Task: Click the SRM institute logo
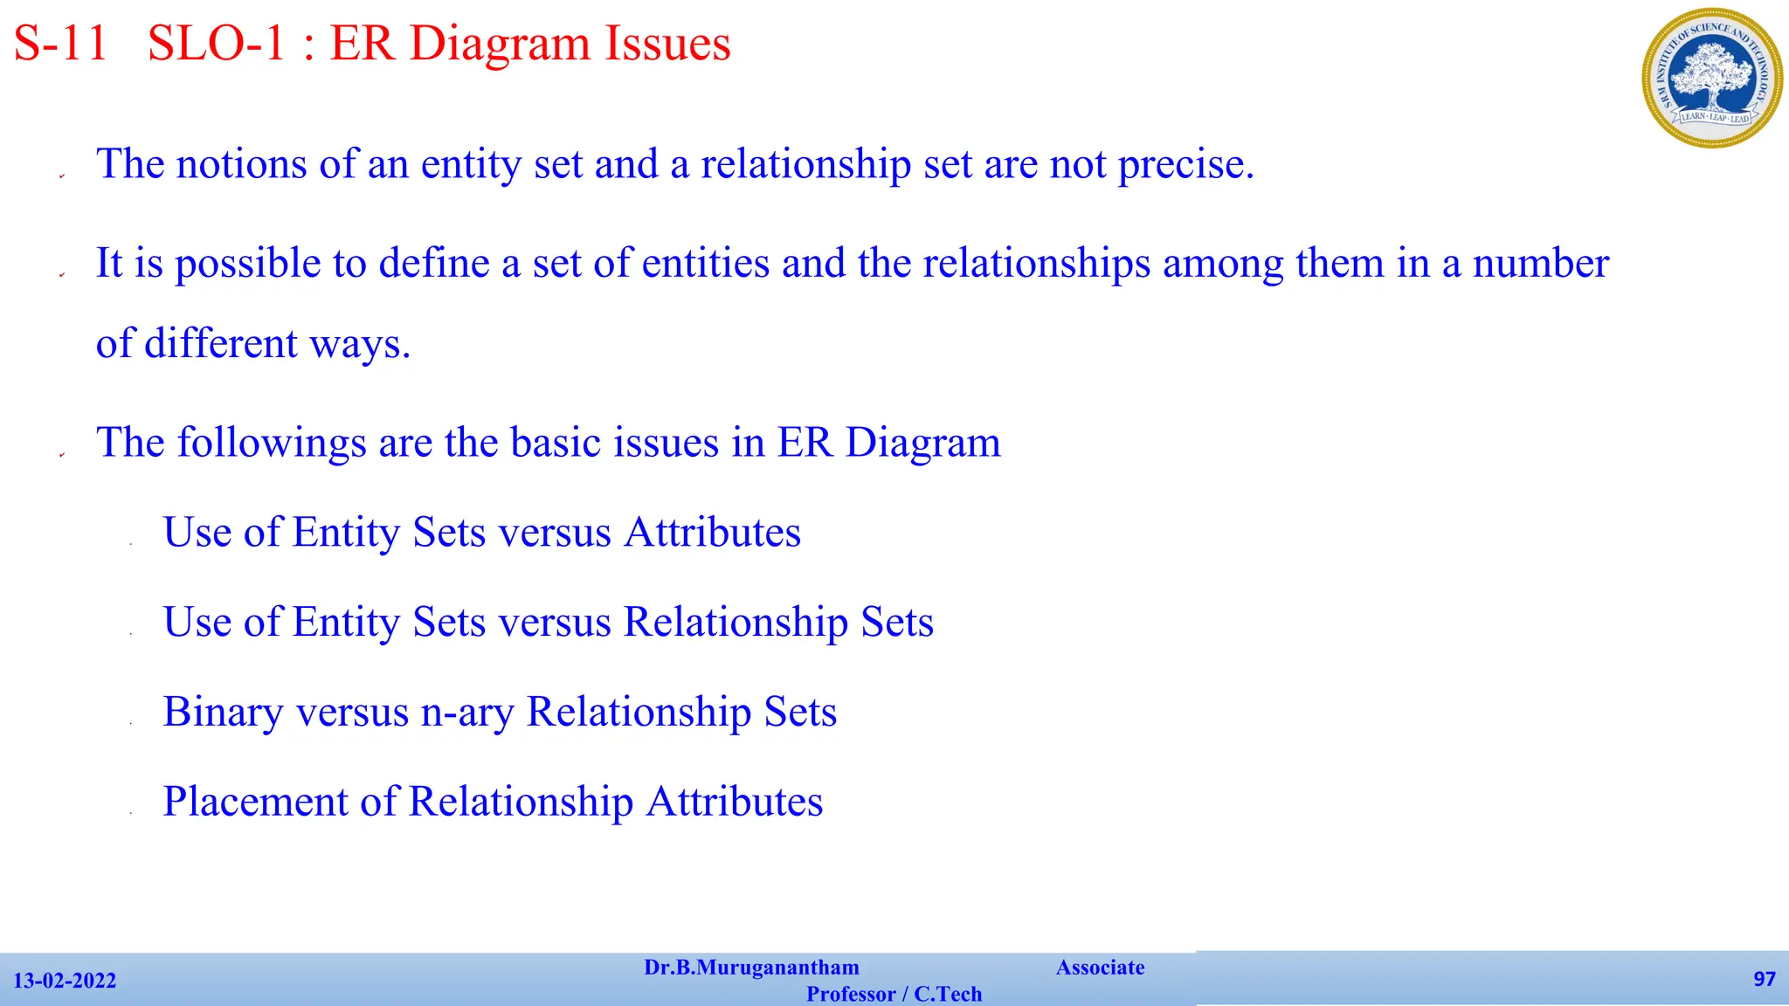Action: coord(1711,78)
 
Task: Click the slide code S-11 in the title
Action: coord(60,43)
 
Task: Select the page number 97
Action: coord(1764,979)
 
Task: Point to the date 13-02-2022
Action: coord(65,981)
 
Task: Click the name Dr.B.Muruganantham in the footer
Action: coord(751,968)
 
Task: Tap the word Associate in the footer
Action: coord(1100,968)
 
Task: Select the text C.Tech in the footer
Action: coord(948,994)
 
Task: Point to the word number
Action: coord(1541,264)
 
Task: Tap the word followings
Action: coord(272,443)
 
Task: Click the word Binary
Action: coord(223,713)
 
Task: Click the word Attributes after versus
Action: coord(712,533)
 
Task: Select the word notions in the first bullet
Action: coord(241,164)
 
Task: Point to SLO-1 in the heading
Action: coord(217,43)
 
